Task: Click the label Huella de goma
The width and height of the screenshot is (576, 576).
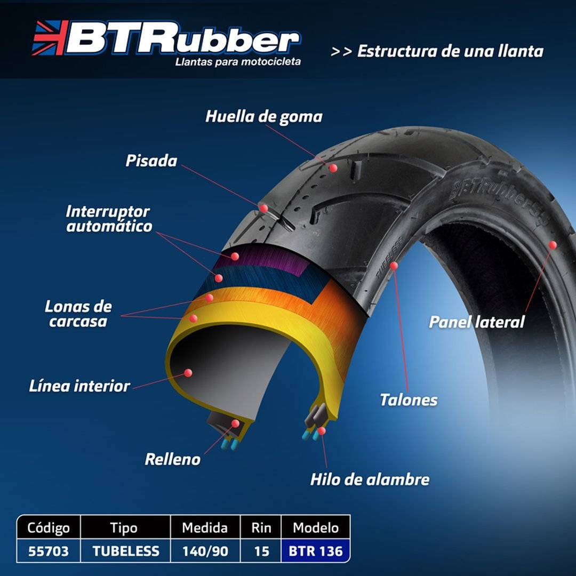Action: coord(264,117)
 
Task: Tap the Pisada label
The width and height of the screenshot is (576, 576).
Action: coord(151,161)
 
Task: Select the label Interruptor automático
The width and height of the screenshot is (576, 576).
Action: coord(109,219)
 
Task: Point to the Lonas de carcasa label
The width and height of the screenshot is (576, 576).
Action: coord(78,314)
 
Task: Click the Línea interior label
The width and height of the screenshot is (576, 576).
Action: coord(79,386)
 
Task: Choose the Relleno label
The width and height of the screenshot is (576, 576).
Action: coord(173,459)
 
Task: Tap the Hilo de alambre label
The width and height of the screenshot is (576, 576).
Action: coord(370,480)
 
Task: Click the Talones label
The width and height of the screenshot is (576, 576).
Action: coord(409,400)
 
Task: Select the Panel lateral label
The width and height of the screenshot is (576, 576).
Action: coord(476,322)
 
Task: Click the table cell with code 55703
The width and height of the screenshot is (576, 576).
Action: coord(49,551)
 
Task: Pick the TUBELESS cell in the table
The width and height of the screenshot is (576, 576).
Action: coord(126,551)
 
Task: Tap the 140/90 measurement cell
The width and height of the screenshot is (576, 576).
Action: coord(205,551)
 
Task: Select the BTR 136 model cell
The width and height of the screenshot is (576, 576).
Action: coord(316,551)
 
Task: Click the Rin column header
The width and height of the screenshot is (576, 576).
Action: coord(261,527)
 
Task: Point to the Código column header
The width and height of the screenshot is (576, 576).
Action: coord(49,527)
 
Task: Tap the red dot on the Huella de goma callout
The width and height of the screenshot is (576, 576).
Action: coord(333,168)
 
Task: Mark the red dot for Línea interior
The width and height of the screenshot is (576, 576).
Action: coord(188,373)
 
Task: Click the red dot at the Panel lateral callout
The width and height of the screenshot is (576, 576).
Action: coord(553,245)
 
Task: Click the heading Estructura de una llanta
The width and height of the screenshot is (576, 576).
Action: coord(450,51)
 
